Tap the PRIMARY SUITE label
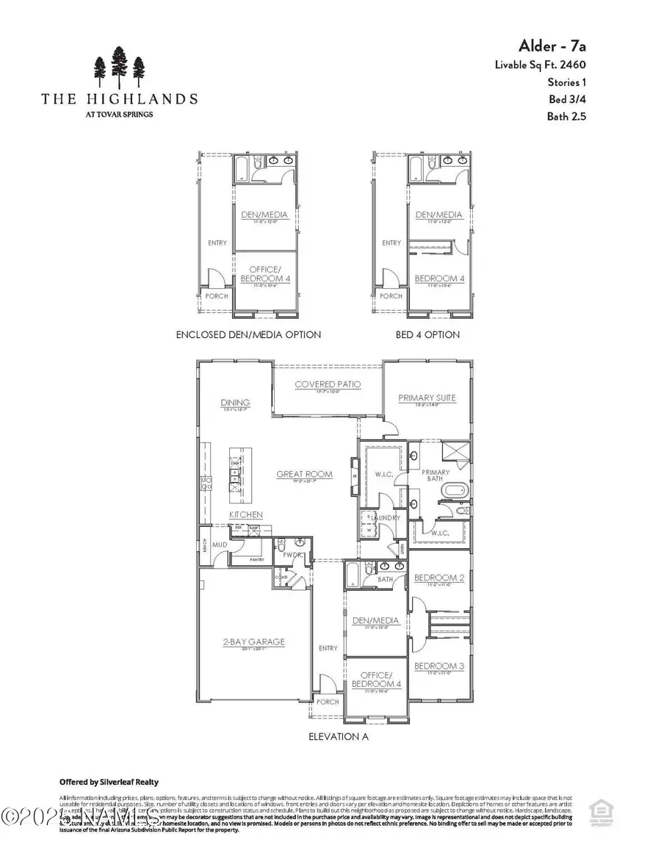(427, 398)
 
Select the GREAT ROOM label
(304, 474)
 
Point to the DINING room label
(235, 403)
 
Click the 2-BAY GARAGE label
(254, 641)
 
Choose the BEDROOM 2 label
(438, 578)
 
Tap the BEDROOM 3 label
(438, 666)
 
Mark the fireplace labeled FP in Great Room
(355, 476)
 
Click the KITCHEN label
(246, 514)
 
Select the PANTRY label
(256, 560)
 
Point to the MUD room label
(220, 545)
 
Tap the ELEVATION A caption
(339, 735)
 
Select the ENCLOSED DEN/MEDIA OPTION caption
(248, 334)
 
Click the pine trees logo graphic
(118, 68)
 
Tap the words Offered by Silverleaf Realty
(109, 782)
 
